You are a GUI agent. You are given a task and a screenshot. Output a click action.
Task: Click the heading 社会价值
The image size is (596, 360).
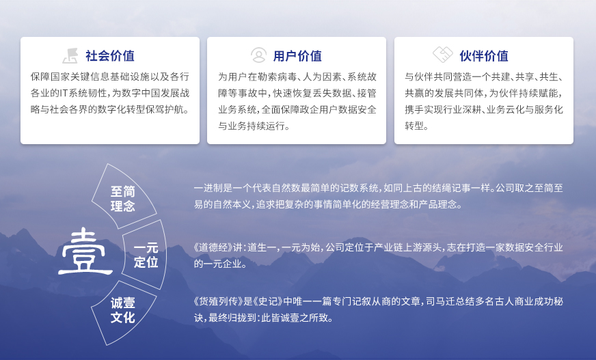110,56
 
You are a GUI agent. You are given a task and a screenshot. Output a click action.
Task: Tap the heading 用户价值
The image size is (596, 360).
297,56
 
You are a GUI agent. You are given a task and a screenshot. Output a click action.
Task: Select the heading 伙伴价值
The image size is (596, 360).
484,56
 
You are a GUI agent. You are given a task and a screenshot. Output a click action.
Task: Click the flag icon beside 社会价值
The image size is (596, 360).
70,55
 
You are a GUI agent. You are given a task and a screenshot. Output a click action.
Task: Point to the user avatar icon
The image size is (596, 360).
258,55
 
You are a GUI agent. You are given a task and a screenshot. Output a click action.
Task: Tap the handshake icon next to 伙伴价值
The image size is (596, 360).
443,54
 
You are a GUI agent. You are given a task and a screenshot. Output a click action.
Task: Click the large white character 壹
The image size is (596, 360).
85,251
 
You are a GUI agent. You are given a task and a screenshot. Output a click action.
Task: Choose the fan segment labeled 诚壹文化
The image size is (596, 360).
124,311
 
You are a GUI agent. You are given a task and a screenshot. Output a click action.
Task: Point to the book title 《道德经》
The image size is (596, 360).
213,247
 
